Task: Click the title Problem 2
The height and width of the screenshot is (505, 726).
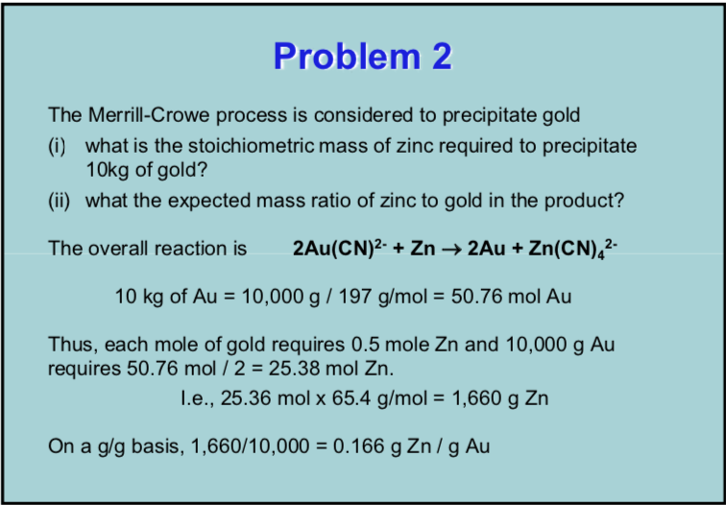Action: coord(362,57)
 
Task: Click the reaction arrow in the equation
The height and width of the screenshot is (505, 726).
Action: coord(451,250)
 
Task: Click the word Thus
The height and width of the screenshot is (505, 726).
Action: coord(69,345)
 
